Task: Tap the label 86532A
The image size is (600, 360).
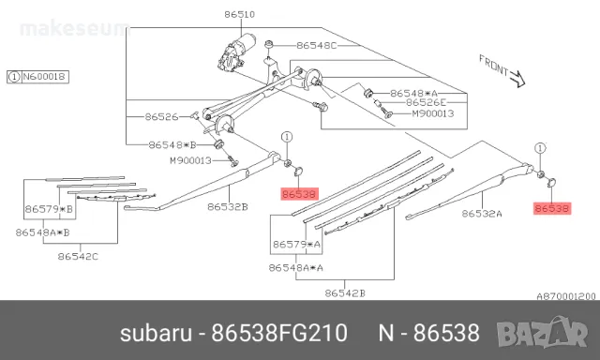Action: tap(482, 214)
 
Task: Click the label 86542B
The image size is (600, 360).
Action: tap(344, 293)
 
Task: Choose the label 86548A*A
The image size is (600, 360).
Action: tap(296, 268)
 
